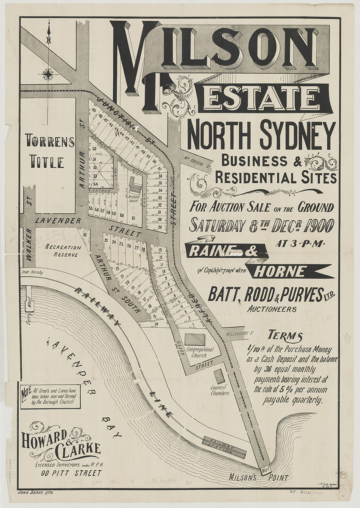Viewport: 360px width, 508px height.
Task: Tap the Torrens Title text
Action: (x=49, y=151)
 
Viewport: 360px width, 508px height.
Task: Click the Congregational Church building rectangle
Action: (x=195, y=339)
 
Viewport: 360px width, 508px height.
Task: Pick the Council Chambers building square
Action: (x=219, y=376)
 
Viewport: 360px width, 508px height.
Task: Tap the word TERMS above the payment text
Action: (x=285, y=337)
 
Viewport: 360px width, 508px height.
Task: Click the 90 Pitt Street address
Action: (x=71, y=473)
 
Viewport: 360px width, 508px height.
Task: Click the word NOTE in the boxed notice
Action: (x=26, y=393)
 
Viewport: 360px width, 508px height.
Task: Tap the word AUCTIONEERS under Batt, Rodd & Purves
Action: (x=272, y=309)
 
